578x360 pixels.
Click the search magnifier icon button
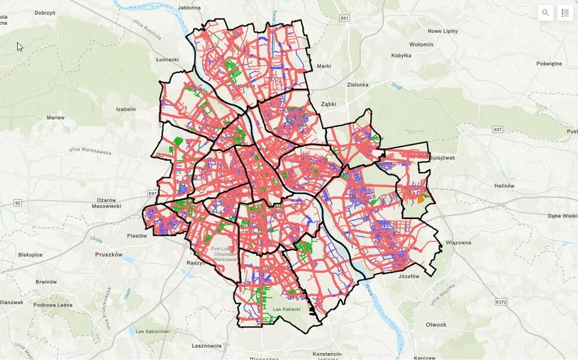tap(545, 13)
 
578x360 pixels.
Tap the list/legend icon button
tap(565, 13)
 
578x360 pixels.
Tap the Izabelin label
tap(126, 109)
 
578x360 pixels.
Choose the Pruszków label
tap(109, 254)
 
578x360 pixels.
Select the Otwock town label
tap(436, 325)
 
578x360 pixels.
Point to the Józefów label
tap(410, 276)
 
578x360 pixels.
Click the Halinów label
tap(504, 186)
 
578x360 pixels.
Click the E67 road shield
tap(152, 193)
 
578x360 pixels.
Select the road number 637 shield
tap(498, 129)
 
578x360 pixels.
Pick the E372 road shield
tap(501, 302)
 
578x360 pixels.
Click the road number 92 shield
tap(18, 203)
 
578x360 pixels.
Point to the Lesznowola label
tap(207, 346)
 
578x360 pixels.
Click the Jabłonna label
tap(189, 8)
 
